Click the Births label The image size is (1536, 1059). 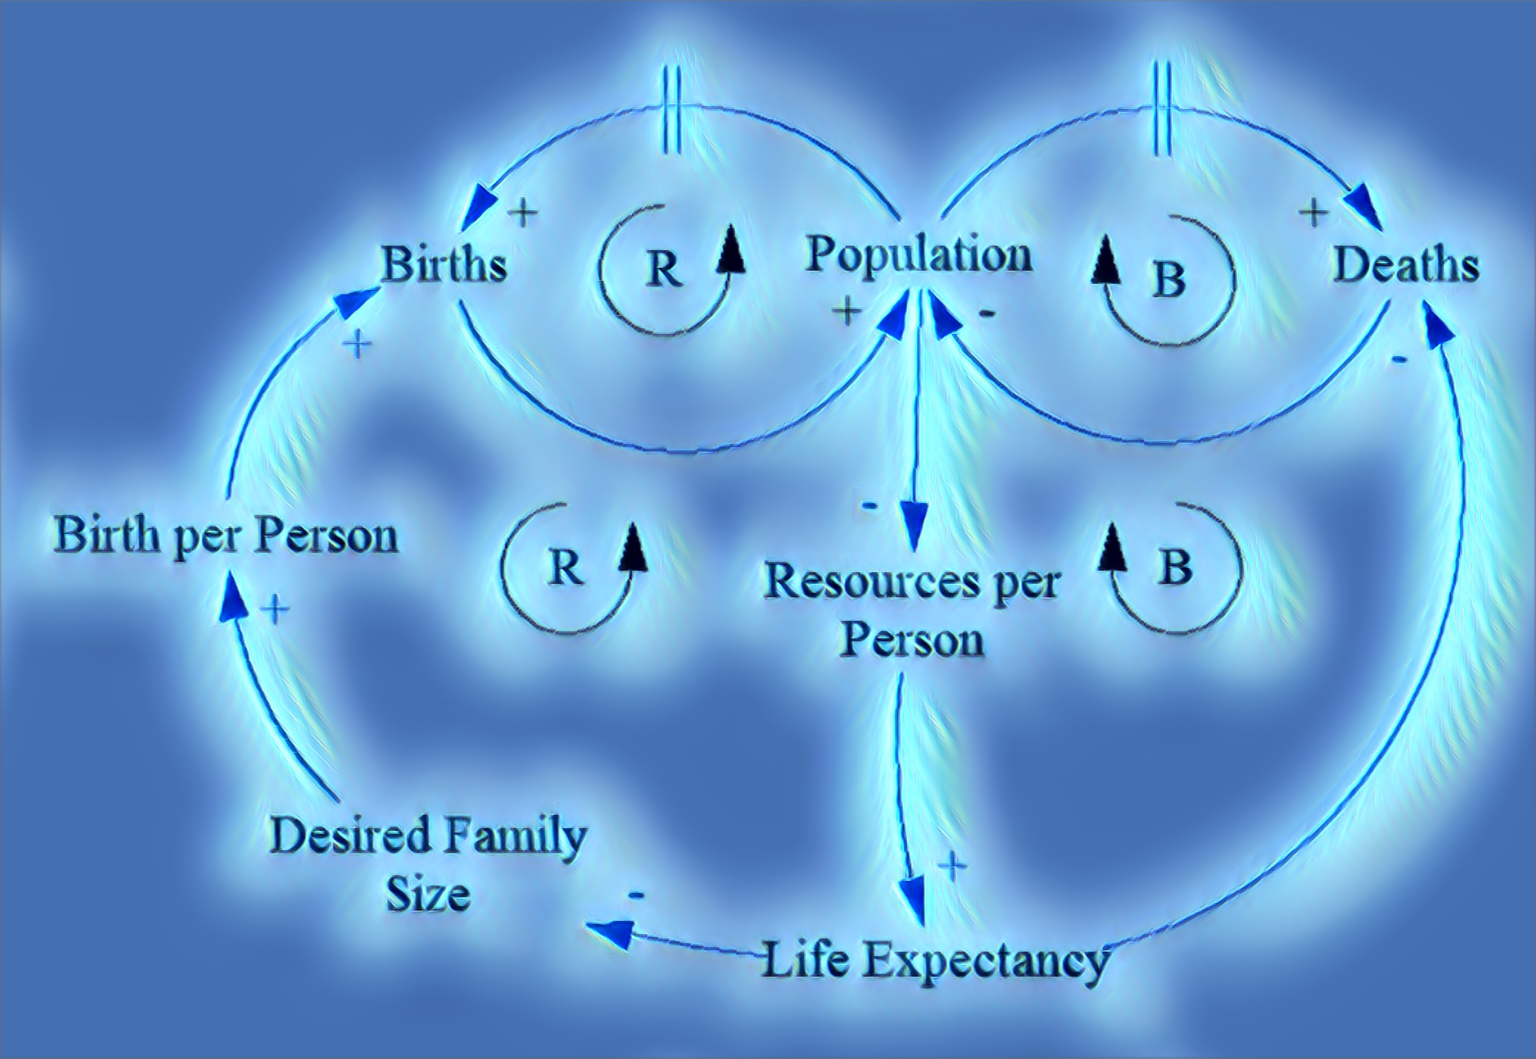pos(444,264)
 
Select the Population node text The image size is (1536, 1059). pos(919,255)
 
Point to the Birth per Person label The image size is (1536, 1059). pos(226,535)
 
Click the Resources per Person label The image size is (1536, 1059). pos(911,610)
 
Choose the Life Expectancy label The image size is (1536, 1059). pos(934,960)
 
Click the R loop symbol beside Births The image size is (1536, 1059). pos(664,270)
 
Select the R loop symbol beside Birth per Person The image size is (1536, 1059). pos(566,568)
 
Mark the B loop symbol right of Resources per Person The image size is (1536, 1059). pos(1175,568)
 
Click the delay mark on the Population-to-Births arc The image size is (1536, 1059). pos(669,110)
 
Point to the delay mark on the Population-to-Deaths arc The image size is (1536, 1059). pos(1162,109)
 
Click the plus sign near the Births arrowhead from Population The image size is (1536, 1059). pos(523,213)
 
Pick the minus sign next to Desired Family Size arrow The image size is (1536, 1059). pos(636,895)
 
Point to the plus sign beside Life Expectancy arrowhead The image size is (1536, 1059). pos(953,866)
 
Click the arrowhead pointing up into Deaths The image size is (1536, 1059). pos(1437,327)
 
